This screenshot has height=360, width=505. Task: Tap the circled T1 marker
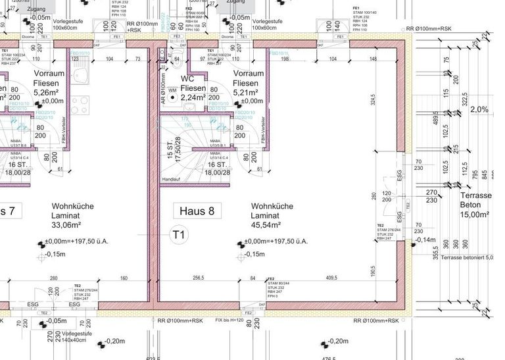tap(180, 234)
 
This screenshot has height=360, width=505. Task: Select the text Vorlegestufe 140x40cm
tap(78, 338)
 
